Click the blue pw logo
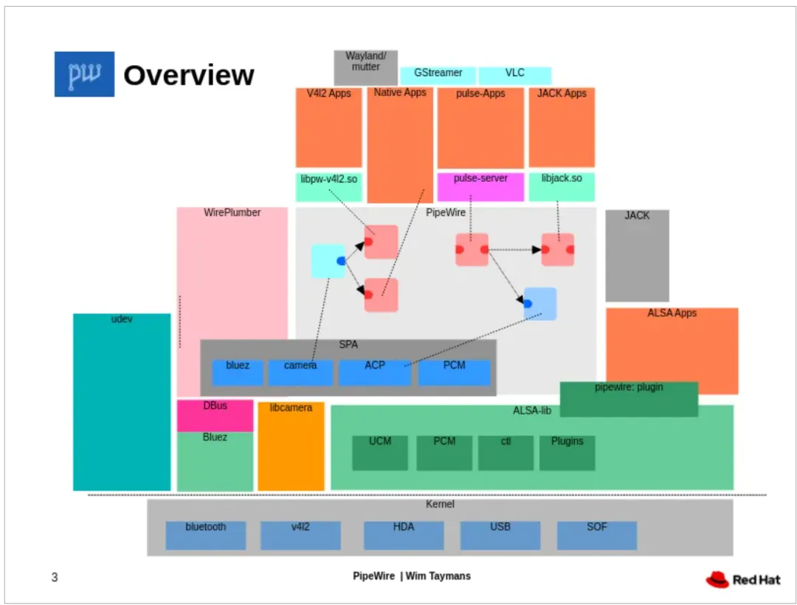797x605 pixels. coord(84,74)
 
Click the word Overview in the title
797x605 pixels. coord(188,75)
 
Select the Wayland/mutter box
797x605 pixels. coord(365,67)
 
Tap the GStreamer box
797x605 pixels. coord(438,75)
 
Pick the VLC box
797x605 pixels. coord(514,75)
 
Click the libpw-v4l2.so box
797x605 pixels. coord(328,187)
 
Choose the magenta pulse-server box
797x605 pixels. coord(480,187)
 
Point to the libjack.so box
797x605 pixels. coord(561,187)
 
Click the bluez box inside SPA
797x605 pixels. coord(238,372)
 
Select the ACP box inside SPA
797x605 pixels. coord(374,372)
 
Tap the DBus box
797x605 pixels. coord(215,415)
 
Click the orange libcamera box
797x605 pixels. coord(291,446)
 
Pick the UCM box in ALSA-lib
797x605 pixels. coord(380,452)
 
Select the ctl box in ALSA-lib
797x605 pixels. coord(506,452)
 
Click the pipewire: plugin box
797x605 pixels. coord(629,399)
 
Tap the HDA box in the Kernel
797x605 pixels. coord(404,535)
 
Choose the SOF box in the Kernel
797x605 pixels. coord(596,535)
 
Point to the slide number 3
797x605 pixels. coord(55,577)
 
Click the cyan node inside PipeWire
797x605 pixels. coord(328,261)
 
